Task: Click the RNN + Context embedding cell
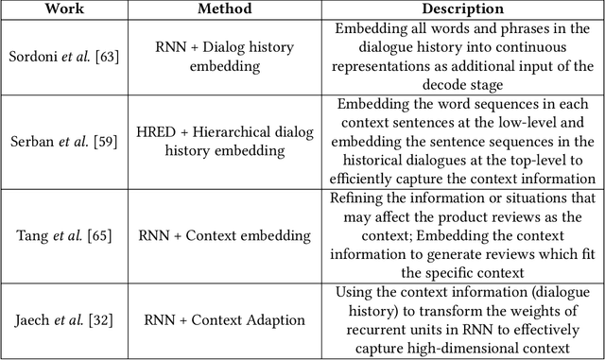(x=223, y=235)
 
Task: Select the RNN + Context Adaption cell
(x=223, y=321)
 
